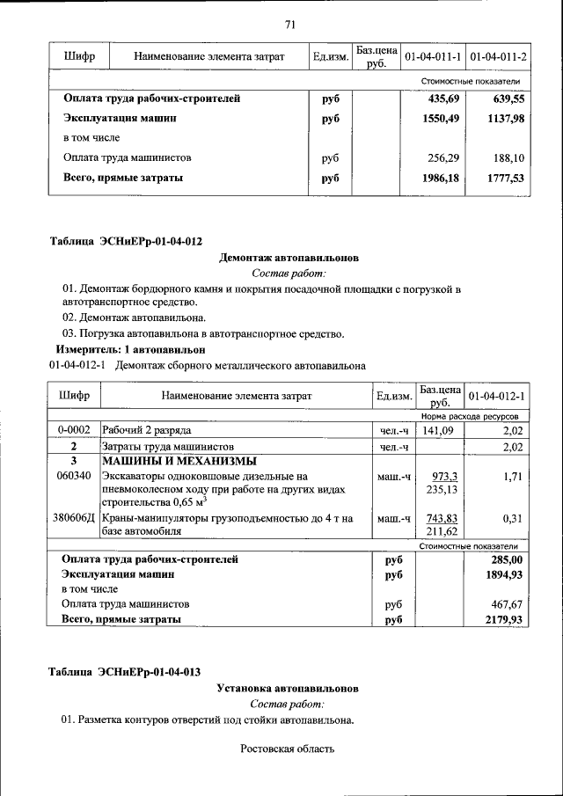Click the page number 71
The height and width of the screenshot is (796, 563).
pyautogui.click(x=289, y=24)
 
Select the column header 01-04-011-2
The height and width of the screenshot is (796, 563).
pyautogui.click(x=498, y=56)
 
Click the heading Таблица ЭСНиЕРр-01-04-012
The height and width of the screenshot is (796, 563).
pyautogui.click(x=125, y=241)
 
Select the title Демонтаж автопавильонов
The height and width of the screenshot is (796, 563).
pyautogui.click(x=289, y=259)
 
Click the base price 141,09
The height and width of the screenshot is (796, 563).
pyautogui.click(x=438, y=430)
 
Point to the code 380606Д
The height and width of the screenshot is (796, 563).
pyautogui.click(x=75, y=518)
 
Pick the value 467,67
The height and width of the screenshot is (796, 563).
pyautogui.click(x=507, y=604)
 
